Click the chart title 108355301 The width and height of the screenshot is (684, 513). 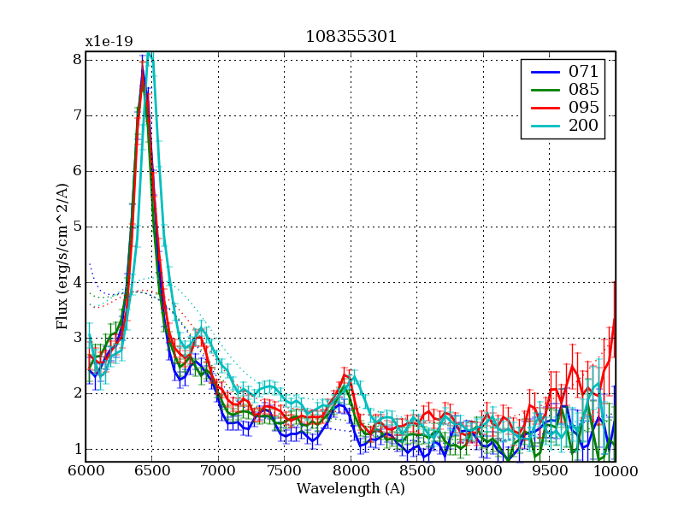351,38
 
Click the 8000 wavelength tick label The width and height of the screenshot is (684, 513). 351,471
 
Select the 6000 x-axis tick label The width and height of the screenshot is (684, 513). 85,471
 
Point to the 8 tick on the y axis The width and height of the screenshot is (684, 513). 77,60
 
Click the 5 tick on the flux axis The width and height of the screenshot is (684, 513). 77,227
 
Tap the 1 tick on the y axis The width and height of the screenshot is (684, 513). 77,449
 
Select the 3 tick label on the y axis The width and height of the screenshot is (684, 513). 77,338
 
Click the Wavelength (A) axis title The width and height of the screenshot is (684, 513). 351,489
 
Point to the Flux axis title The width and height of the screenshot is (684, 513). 62,256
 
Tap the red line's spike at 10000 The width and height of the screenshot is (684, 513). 615,285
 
